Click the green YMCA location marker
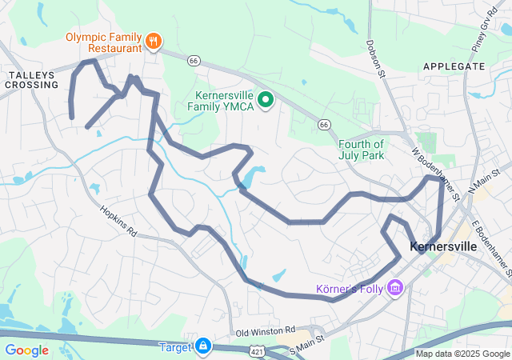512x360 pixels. click(266, 100)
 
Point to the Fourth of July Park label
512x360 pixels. click(361, 150)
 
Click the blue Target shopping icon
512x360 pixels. click(203, 346)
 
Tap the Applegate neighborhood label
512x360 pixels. click(454, 66)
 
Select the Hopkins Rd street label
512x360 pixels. click(119, 222)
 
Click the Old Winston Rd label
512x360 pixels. click(266, 331)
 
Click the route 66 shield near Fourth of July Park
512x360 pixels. click(323, 125)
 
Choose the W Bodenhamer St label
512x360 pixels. click(436, 172)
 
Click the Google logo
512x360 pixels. click(27, 350)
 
